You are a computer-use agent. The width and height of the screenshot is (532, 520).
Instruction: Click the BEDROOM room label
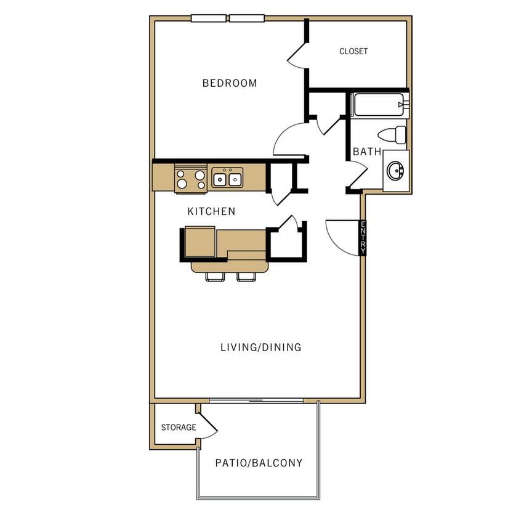[230, 83]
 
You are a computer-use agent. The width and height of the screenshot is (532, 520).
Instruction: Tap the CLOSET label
[353, 52]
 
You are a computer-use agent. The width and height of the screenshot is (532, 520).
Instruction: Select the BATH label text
[367, 152]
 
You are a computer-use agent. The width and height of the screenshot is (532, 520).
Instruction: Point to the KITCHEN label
[211, 211]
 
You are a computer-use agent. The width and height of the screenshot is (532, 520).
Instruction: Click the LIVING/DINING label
[261, 347]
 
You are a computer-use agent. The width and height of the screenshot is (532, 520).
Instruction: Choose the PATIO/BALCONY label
[259, 463]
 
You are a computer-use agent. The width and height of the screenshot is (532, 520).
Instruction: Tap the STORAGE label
[179, 428]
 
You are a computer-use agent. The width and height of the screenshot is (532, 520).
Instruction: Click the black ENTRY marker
[363, 238]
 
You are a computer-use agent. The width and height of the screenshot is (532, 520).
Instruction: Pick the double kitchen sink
[227, 179]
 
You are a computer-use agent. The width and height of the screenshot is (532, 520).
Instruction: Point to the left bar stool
[215, 277]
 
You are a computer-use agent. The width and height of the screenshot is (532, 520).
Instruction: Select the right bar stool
[247, 277]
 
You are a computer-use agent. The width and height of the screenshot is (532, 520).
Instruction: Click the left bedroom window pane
[209, 18]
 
